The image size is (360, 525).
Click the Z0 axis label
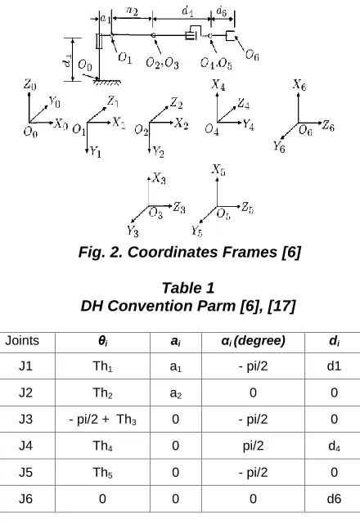pyautogui.click(x=29, y=84)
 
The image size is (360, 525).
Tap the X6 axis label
pyautogui.click(x=299, y=85)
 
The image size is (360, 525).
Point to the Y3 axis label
pyautogui.click(x=133, y=231)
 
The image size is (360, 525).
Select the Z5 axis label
pyautogui.click(x=247, y=208)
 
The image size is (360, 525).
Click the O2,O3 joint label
pyautogui.click(x=163, y=63)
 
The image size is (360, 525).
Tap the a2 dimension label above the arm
pyautogui.click(x=133, y=11)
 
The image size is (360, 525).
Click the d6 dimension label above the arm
pyautogui.click(x=222, y=11)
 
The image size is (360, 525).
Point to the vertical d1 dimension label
pyautogui.click(x=67, y=61)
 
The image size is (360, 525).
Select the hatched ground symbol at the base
pyautogui.click(x=106, y=81)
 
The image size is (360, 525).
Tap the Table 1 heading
pyautogui.click(x=188, y=288)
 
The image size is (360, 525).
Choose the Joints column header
pyautogui.click(x=22, y=340)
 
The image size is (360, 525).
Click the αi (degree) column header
pyautogui.click(x=253, y=341)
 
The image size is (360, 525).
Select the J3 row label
pyautogui.click(x=25, y=420)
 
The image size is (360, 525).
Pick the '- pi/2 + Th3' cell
pyautogui.click(x=102, y=420)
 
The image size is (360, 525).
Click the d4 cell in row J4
pyautogui.click(x=334, y=446)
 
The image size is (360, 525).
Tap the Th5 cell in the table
pyautogui.click(x=102, y=473)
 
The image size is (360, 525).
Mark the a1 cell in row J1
pyautogui.click(x=175, y=366)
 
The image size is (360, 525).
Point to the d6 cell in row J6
pyautogui.click(x=334, y=499)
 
